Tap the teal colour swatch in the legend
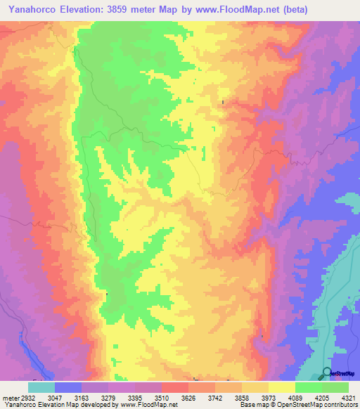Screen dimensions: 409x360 41,387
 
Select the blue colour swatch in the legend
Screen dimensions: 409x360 68,387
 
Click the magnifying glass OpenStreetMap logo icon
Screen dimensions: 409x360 327,373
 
